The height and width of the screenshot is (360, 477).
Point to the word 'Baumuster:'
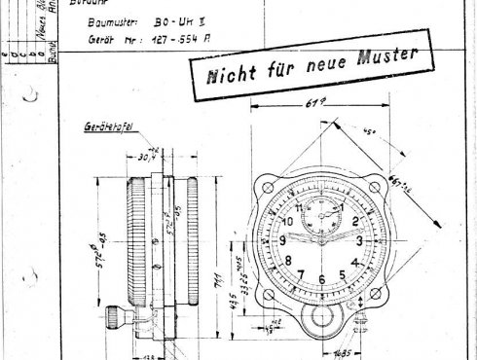(116, 18)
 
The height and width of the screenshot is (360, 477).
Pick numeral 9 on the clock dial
(283, 240)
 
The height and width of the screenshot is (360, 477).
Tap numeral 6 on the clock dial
(320, 277)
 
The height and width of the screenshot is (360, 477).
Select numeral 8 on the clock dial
(288, 260)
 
